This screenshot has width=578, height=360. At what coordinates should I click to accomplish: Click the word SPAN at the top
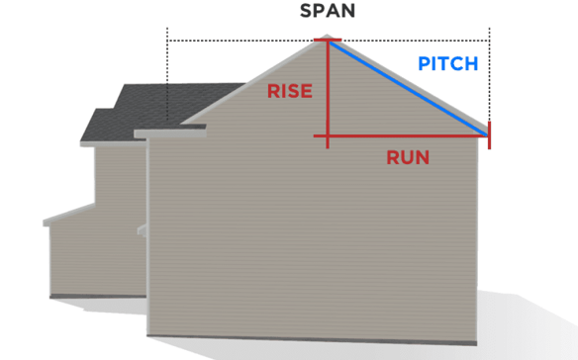(328, 14)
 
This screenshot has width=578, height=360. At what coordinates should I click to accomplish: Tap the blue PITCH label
(447, 64)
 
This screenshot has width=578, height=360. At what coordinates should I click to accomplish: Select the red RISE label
(290, 92)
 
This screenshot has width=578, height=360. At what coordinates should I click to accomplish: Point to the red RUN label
(408, 156)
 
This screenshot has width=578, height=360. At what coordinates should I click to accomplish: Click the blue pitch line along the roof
(408, 86)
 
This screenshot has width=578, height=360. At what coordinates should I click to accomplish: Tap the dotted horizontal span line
(247, 41)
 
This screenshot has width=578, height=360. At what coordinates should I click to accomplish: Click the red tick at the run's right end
(490, 136)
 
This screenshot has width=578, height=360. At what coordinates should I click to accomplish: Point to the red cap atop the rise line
(328, 42)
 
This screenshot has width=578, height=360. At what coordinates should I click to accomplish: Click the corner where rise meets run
(327, 136)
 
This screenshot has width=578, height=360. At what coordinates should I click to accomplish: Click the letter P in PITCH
(424, 64)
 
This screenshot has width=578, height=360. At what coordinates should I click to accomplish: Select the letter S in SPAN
(307, 14)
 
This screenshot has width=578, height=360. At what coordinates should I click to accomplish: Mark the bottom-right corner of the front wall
(487, 337)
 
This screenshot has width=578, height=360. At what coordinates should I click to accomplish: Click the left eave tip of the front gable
(138, 133)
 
